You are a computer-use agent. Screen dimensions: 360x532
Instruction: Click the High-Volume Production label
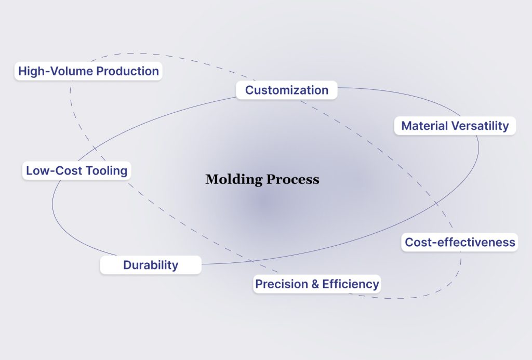click(88, 71)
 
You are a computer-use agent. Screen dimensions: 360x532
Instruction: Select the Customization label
click(287, 90)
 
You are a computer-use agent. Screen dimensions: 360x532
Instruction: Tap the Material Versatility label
click(455, 126)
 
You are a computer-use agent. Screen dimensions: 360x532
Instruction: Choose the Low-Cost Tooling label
click(76, 170)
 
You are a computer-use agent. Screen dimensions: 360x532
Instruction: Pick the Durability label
click(151, 265)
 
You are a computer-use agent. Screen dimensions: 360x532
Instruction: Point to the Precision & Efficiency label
click(317, 284)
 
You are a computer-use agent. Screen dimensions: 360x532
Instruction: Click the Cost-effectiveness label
click(460, 242)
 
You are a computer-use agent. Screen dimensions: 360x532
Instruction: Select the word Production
click(127, 71)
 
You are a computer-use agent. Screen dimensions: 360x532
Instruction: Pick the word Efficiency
click(351, 284)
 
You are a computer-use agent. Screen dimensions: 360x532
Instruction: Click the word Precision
click(281, 284)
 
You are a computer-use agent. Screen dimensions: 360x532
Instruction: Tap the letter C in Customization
click(249, 90)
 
